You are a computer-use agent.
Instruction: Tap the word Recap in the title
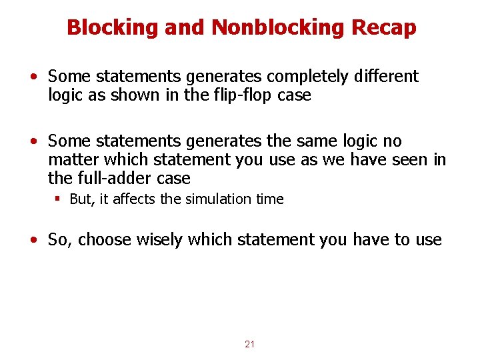coord(386,28)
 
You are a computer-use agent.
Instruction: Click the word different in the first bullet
coord(385,77)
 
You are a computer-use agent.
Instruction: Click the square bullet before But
coord(58,199)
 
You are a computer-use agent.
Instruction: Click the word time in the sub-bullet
coord(270,199)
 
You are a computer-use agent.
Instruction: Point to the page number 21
coord(250,344)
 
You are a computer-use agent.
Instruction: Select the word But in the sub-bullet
coord(81,199)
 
